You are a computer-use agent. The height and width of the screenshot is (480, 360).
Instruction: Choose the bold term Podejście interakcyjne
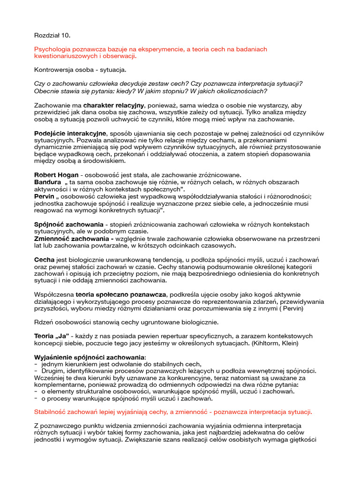pyautogui.click(x=71, y=134)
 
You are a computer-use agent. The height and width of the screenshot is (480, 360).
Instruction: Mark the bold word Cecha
pyautogui.click(x=45, y=259)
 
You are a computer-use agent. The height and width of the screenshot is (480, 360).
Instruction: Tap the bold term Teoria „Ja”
pyautogui.click(x=52, y=336)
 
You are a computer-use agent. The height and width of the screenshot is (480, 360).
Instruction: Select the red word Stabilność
pyautogui.click(x=52, y=412)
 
